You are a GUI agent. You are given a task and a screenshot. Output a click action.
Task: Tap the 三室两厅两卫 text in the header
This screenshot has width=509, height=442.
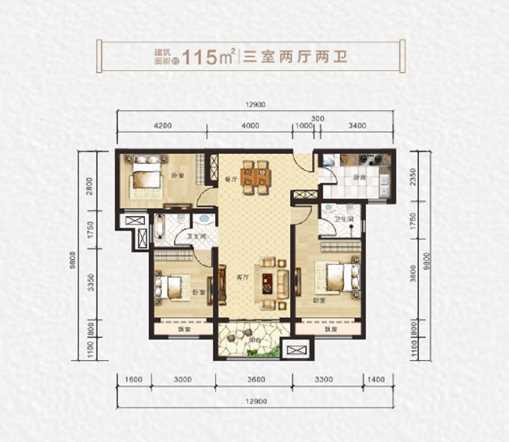(x=295, y=57)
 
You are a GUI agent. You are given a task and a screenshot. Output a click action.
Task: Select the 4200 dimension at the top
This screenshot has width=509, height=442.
(x=162, y=126)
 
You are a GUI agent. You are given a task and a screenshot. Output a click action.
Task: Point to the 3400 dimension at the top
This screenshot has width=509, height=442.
(x=357, y=126)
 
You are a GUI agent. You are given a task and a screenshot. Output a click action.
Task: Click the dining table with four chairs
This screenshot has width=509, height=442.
(x=255, y=176)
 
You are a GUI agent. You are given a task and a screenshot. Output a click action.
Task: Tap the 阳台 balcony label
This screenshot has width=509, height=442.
(x=254, y=340)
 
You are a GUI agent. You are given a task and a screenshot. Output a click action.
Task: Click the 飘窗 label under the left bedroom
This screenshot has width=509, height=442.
(x=182, y=328)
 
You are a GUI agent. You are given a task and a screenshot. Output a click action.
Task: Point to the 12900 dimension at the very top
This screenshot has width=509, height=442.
(x=255, y=104)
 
